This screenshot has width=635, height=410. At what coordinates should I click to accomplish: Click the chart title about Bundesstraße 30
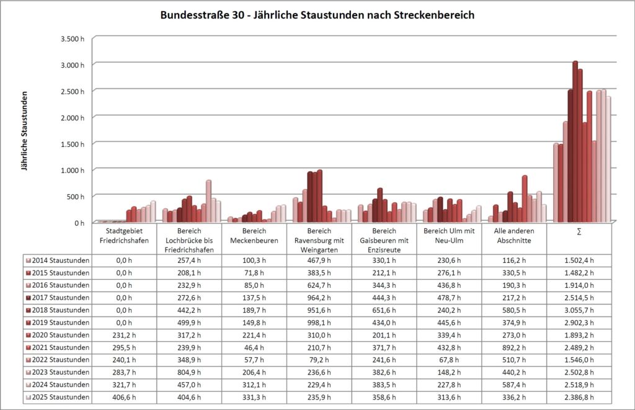(x=317, y=14)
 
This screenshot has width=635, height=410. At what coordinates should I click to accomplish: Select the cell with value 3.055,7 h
(x=579, y=310)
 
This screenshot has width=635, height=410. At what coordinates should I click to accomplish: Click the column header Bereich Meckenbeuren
(x=254, y=235)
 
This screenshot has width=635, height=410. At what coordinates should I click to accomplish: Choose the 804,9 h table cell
(x=189, y=372)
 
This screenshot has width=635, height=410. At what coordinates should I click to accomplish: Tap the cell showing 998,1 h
(x=319, y=323)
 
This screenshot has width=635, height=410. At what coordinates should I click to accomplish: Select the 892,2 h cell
(x=514, y=347)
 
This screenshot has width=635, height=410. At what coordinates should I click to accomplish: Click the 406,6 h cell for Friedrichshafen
(x=124, y=397)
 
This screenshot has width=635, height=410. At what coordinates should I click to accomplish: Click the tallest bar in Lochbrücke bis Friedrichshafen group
(x=209, y=200)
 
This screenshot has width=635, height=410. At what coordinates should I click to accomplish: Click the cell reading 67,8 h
(x=449, y=360)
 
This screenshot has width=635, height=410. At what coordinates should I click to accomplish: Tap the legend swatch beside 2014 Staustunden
(x=29, y=261)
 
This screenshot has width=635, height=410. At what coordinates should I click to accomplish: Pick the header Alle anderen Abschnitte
(x=514, y=235)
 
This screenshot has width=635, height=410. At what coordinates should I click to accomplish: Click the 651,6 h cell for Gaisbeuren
(x=384, y=310)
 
